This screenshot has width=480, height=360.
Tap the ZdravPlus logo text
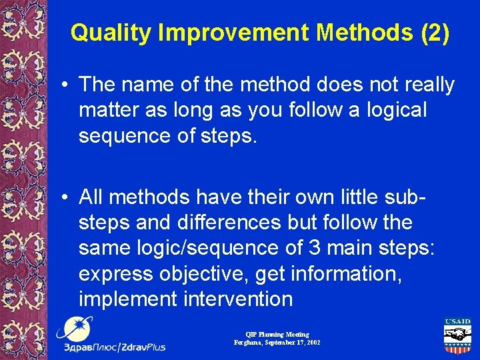(115, 347)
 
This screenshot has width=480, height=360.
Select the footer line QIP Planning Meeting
(277, 334)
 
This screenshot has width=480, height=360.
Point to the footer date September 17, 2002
(292, 342)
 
